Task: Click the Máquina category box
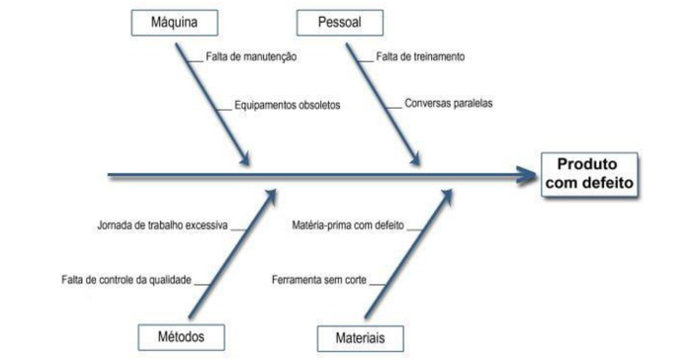pyautogui.click(x=173, y=22)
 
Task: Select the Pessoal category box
pyautogui.click(x=339, y=22)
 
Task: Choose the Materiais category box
pyautogui.click(x=360, y=336)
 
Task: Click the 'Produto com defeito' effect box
pyautogui.click(x=589, y=174)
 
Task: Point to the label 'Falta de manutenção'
pyautogui.click(x=251, y=56)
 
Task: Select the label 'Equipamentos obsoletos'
pyautogui.click(x=288, y=104)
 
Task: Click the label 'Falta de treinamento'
pyautogui.click(x=420, y=56)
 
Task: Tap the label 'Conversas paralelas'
pyautogui.click(x=448, y=103)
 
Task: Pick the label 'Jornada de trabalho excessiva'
pyautogui.click(x=162, y=225)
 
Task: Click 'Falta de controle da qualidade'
pyautogui.click(x=126, y=280)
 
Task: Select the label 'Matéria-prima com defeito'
pyautogui.click(x=348, y=225)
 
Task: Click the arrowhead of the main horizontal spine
pyautogui.click(x=526, y=176)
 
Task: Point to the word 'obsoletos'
pyautogui.click(x=317, y=104)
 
